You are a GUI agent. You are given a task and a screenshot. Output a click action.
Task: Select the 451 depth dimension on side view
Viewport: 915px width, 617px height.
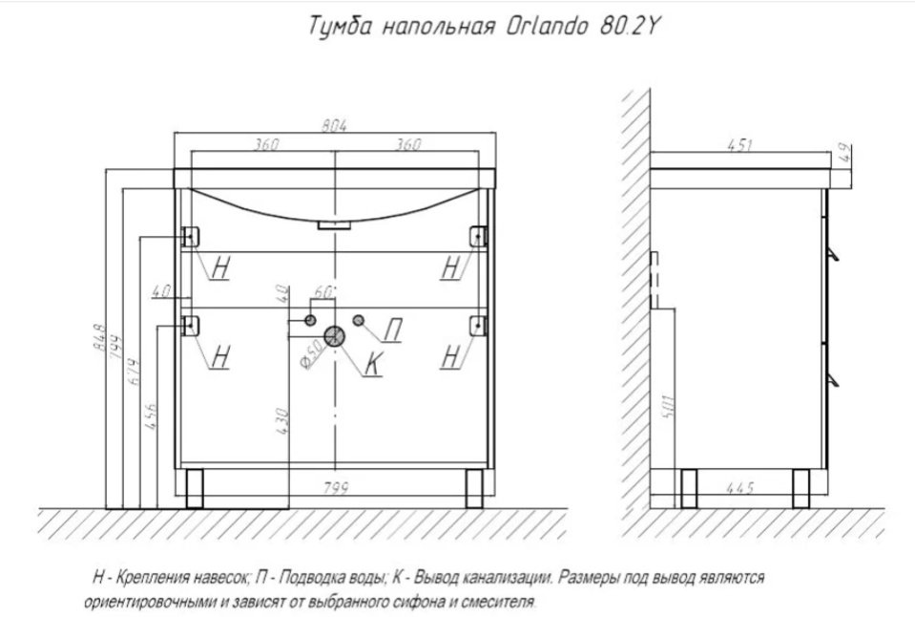[739, 145]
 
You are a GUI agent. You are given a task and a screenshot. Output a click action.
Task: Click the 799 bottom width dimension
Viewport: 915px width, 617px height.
[335, 488]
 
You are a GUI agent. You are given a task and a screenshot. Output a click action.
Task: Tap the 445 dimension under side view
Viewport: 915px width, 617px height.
[739, 489]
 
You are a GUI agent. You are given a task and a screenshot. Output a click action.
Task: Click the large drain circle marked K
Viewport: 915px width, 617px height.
[335, 335]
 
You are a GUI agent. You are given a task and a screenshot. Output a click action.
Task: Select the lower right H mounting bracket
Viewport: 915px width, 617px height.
[477, 324]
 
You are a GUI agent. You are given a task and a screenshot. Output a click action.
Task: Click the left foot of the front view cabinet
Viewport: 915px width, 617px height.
[195, 489]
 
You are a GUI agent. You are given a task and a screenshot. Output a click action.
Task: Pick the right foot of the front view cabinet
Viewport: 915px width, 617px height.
[475, 489]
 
